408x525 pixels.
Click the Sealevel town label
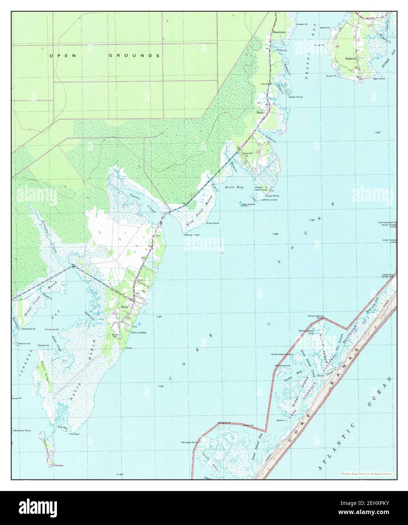coord(351,59)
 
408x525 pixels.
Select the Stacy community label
coord(260,113)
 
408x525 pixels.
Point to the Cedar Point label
coord(296,97)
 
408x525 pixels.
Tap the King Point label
coord(213,223)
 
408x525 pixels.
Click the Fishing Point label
coord(191,235)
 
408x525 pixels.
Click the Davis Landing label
coord(138,332)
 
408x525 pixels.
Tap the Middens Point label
coord(22,431)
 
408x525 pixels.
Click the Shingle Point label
coord(190,442)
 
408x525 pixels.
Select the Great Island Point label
coord(282,354)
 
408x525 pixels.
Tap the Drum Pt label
coord(331,76)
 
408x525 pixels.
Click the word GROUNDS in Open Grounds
coord(134,56)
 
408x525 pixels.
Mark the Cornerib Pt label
coord(52,329)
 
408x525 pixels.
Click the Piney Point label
coord(272,196)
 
